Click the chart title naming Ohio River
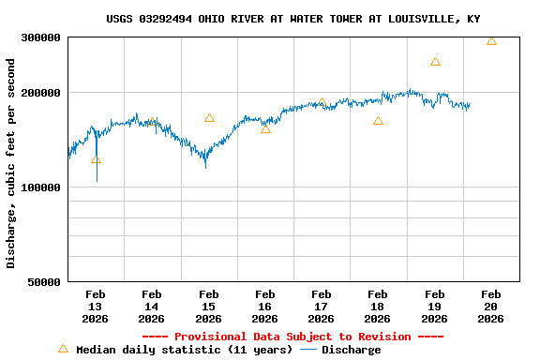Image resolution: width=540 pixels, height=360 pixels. pos(292,19)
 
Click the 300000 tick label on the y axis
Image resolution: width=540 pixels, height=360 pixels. pos(40,37)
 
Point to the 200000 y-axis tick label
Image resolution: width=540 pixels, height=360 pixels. pos(40,93)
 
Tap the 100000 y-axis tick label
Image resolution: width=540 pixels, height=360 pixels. pos(40,187)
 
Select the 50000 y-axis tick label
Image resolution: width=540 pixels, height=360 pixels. pos(43,282)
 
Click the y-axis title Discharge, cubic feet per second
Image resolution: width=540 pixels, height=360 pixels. pos(11,163)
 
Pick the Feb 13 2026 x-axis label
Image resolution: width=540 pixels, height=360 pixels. pos(96,307)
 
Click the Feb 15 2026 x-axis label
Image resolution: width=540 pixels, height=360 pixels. pos(208,307)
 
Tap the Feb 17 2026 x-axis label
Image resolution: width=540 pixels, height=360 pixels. pos(322,307)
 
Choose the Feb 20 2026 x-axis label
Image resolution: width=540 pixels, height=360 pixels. pos(490,307)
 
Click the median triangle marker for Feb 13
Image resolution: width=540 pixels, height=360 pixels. pos(96,159)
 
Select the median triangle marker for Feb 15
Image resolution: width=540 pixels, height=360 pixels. pos(209,118)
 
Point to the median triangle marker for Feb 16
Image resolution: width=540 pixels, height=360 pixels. pos(265,128)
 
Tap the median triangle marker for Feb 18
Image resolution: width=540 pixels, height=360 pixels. pos(378,121)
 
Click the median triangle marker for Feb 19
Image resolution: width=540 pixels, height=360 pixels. pos(435,62)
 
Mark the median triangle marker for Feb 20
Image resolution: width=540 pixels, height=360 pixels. pos(491,41)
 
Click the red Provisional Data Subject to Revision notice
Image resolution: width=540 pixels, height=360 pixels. pos(292,337)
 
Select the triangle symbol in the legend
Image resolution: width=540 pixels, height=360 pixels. pos(63,349)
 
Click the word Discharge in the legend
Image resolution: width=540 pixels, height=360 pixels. pos(352,350)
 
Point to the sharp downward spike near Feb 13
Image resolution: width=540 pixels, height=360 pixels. pos(97,173)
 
